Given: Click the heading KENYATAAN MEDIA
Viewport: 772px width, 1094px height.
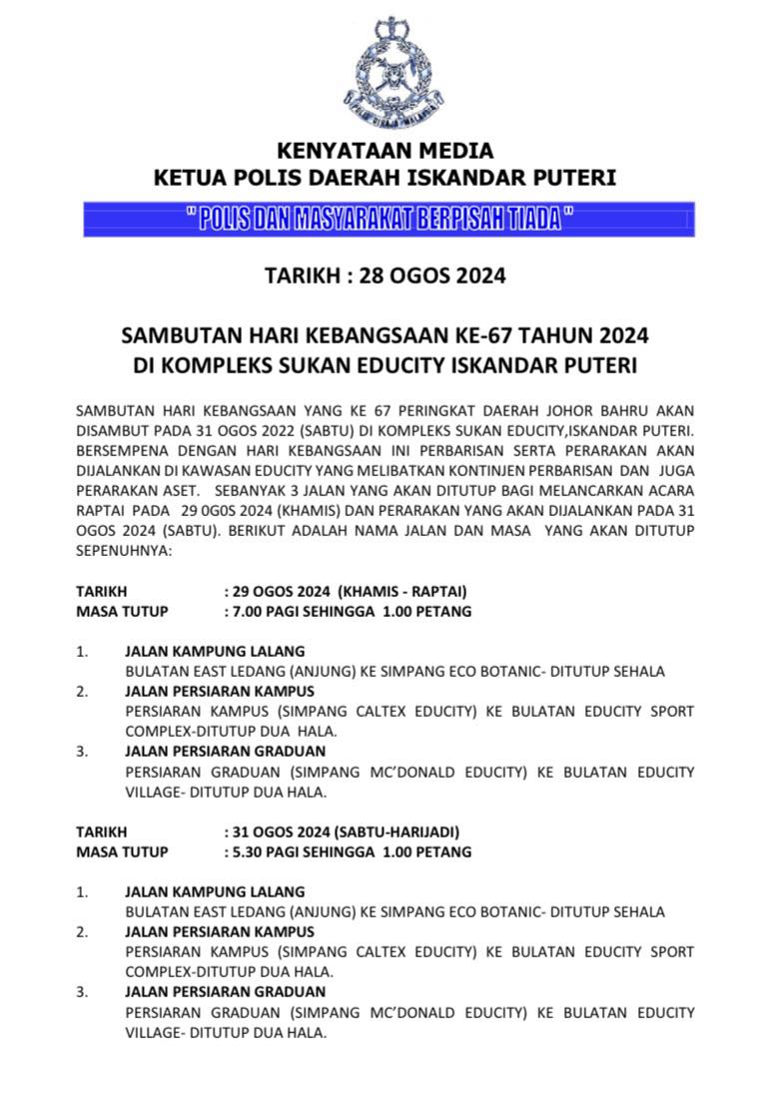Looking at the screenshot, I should [x=386, y=152].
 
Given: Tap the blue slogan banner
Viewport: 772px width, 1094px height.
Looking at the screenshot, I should [x=387, y=220].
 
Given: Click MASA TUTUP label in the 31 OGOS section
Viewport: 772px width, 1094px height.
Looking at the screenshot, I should [x=122, y=852].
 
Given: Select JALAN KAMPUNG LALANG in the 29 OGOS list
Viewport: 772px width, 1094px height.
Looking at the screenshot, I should [x=214, y=651].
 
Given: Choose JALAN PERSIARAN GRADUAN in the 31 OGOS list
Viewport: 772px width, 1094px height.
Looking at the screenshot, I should [x=225, y=992].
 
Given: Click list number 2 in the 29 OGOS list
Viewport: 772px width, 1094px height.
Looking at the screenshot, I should [x=82, y=691].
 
